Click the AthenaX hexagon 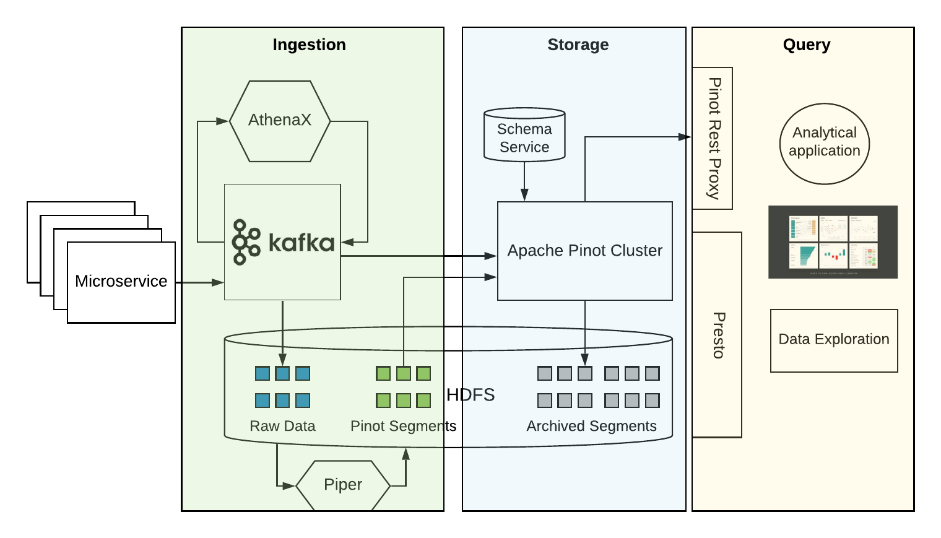pos(280,121)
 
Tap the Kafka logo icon pos(246,242)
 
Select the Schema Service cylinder pos(524,136)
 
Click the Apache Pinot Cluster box pos(584,251)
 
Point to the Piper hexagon pos(343,485)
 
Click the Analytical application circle pos(824,143)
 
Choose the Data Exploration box pos(833,340)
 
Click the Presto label pos(718,335)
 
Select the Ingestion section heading pos(309,45)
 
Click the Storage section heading pos(578,45)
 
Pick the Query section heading pos(806,45)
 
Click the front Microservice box pos(121,282)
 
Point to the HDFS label pos(470,395)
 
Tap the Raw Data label pos(282,426)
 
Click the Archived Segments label pos(591,426)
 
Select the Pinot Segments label pos(403,426)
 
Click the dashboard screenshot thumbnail pos(833,241)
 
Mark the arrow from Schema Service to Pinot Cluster pos(524,181)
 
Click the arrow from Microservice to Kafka pos(199,282)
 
